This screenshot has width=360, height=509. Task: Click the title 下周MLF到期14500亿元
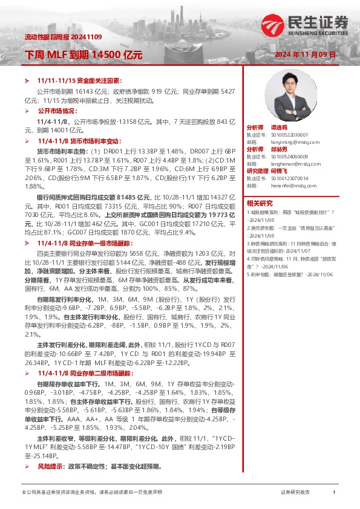83,54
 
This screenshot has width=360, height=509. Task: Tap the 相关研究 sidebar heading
259,203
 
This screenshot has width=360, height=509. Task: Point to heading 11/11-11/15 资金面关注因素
79,80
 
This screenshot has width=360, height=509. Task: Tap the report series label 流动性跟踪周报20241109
54,38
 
